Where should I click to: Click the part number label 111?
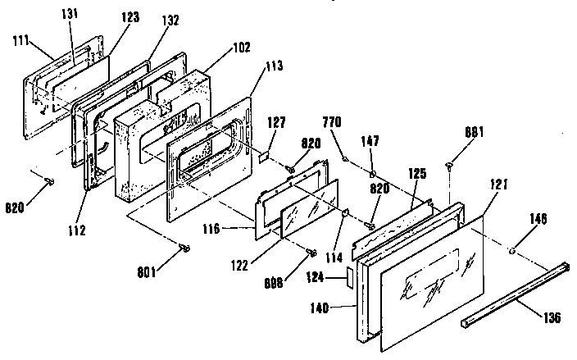[x=20, y=40]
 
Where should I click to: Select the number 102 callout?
[x=242, y=47]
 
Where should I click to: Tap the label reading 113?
[x=274, y=66]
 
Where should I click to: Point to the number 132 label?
[x=170, y=21]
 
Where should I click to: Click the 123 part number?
[x=130, y=17]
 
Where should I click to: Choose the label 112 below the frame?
[x=76, y=230]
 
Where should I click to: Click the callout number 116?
[x=211, y=229]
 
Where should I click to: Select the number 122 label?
[x=239, y=266]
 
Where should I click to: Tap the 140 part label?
[x=320, y=308]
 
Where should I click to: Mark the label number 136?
[x=552, y=317]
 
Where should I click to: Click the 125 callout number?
[x=417, y=174]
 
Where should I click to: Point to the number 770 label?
[x=332, y=122]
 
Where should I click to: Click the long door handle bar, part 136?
[x=516, y=294]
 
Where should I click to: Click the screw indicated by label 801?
[x=184, y=248]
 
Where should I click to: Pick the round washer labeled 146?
[x=511, y=251]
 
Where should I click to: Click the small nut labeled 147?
[x=373, y=173]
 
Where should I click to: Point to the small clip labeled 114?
[x=345, y=212]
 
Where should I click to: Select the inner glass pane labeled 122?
[x=310, y=208]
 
